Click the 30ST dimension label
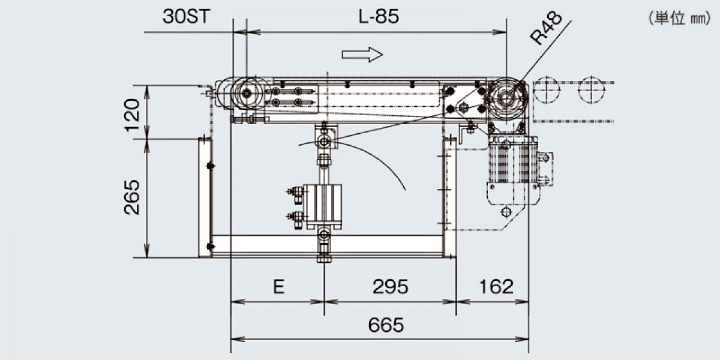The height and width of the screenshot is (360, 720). pyautogui.click(x=186, y=16)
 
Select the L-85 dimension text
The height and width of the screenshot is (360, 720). pyautogui.click(x=379, y=16)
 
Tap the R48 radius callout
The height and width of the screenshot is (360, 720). pyautogui.click(x=546, y=28)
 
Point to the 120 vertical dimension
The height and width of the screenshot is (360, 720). pyautogui.click(x=133, y=115)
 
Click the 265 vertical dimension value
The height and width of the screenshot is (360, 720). pyautogui.click(x=132, y=197)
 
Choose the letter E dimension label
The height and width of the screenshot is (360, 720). pyautogui.click(x=278, y=286)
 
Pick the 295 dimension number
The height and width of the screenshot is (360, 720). pyautogui.click(x=390, y=286)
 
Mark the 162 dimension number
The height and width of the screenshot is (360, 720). pyautogui.click(x=496, y=286)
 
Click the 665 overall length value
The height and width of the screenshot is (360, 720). pyautogui.click(x=386, y=325)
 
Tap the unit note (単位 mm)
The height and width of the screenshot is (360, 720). pyautogui.click(x=679, y=19)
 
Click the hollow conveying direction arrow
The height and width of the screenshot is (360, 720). pyautogui.click(x=362, y=55)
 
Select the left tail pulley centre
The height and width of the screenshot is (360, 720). pyautogui.click(x=247, y=93)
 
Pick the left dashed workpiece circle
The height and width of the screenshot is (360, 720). pyautogui.click(x=547, y=89)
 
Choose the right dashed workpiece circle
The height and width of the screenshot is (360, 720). pyautogui.click(x=591, y=89)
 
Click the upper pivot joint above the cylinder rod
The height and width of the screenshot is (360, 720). pyautogui.click(x=324, y=142)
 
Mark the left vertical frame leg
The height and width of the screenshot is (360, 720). pyautogui.click(x=205, y=197)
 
